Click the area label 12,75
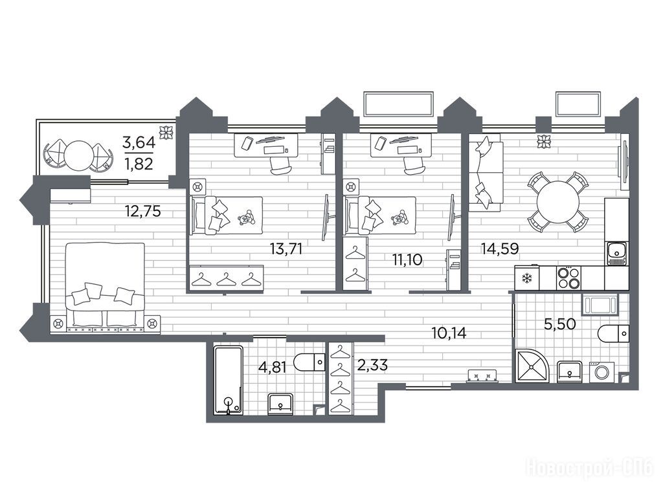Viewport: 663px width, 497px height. coord(143,211)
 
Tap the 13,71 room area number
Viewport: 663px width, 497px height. coord(286,249)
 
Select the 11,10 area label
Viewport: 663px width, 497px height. coord(407,260)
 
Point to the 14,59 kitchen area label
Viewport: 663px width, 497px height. coord(500,248)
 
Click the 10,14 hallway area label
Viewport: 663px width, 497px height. coord(449,333)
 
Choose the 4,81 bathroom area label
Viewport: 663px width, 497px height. coord(273,368)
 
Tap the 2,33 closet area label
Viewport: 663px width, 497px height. coord(372,365)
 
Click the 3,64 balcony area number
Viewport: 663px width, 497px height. coord(139,142)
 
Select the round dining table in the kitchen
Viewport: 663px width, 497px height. coord(558,203)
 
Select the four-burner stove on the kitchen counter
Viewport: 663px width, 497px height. coord(568,278)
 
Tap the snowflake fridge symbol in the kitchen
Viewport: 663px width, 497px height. coord(527,278)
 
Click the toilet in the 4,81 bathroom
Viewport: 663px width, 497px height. coord(309,362)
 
